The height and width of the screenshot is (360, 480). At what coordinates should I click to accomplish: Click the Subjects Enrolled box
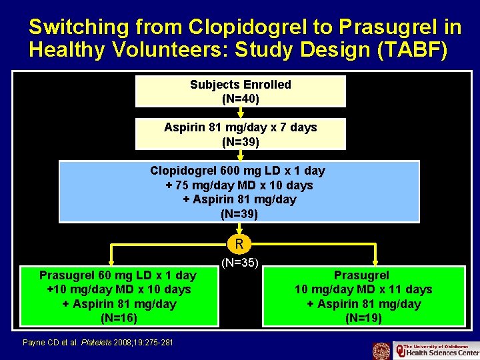(x=240, y=91)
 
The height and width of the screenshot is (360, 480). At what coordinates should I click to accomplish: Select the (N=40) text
(x=240, y=99)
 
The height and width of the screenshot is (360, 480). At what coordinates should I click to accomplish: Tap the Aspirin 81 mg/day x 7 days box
(x=240, y=133)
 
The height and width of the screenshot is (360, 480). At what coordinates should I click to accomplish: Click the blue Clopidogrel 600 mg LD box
(x=239, y=192)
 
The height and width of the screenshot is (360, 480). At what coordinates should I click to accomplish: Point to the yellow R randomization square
(x=240, y=243)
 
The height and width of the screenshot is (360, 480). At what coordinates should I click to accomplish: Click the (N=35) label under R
(x=240, y=263)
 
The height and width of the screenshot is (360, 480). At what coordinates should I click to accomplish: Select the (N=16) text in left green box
(x=118, y=318)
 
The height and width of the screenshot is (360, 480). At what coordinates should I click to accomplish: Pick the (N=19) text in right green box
(x=363, y=318)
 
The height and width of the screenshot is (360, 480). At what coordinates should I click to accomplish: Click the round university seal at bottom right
(x=381, y=351)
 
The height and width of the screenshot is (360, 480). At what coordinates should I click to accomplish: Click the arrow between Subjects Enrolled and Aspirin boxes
(x=240, y=113)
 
